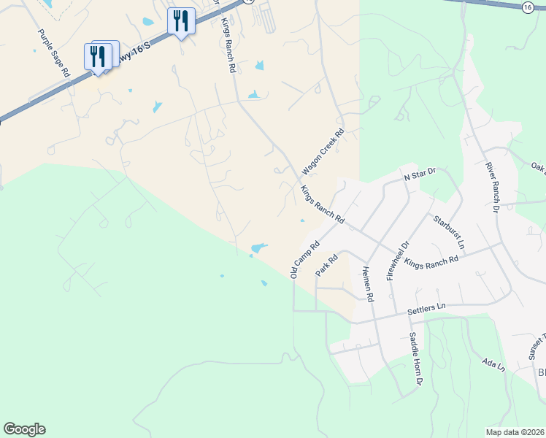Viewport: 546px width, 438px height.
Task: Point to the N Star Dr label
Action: point(419,174)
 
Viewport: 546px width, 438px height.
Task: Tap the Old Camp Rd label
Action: point(305,260)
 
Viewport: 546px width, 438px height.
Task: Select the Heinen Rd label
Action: point(367,283)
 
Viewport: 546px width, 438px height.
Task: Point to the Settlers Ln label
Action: point(426,309)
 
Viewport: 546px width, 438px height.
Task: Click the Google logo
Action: point(24,429)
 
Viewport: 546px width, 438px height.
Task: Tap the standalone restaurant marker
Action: point(180,21)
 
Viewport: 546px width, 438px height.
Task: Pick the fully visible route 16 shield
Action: point(528,7)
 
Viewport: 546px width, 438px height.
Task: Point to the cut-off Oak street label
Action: point(539,168)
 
